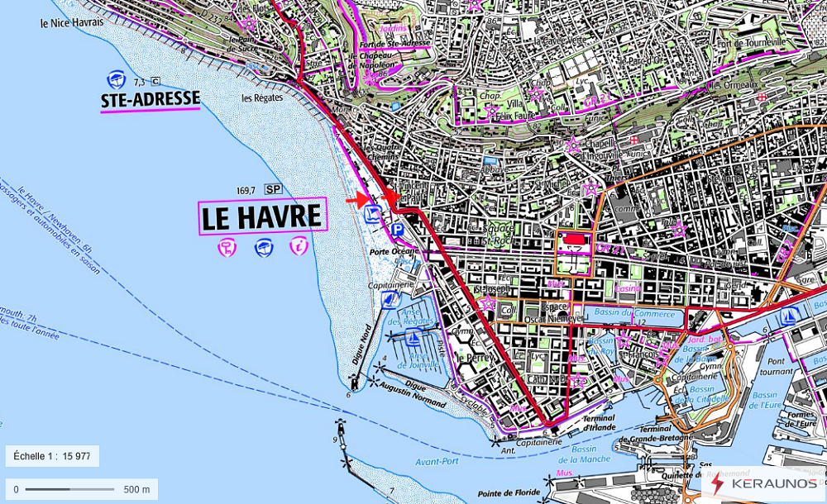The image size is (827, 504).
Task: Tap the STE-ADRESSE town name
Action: (150, 100)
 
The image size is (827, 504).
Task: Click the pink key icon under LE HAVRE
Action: (227, 246)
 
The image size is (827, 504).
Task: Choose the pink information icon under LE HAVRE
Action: (298, 245)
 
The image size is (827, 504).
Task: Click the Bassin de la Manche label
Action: (590, 454)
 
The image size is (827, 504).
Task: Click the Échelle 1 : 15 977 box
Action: (52, 456)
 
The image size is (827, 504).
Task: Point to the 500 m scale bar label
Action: (136, 489)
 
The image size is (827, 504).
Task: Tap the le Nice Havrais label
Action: (72, 22)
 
